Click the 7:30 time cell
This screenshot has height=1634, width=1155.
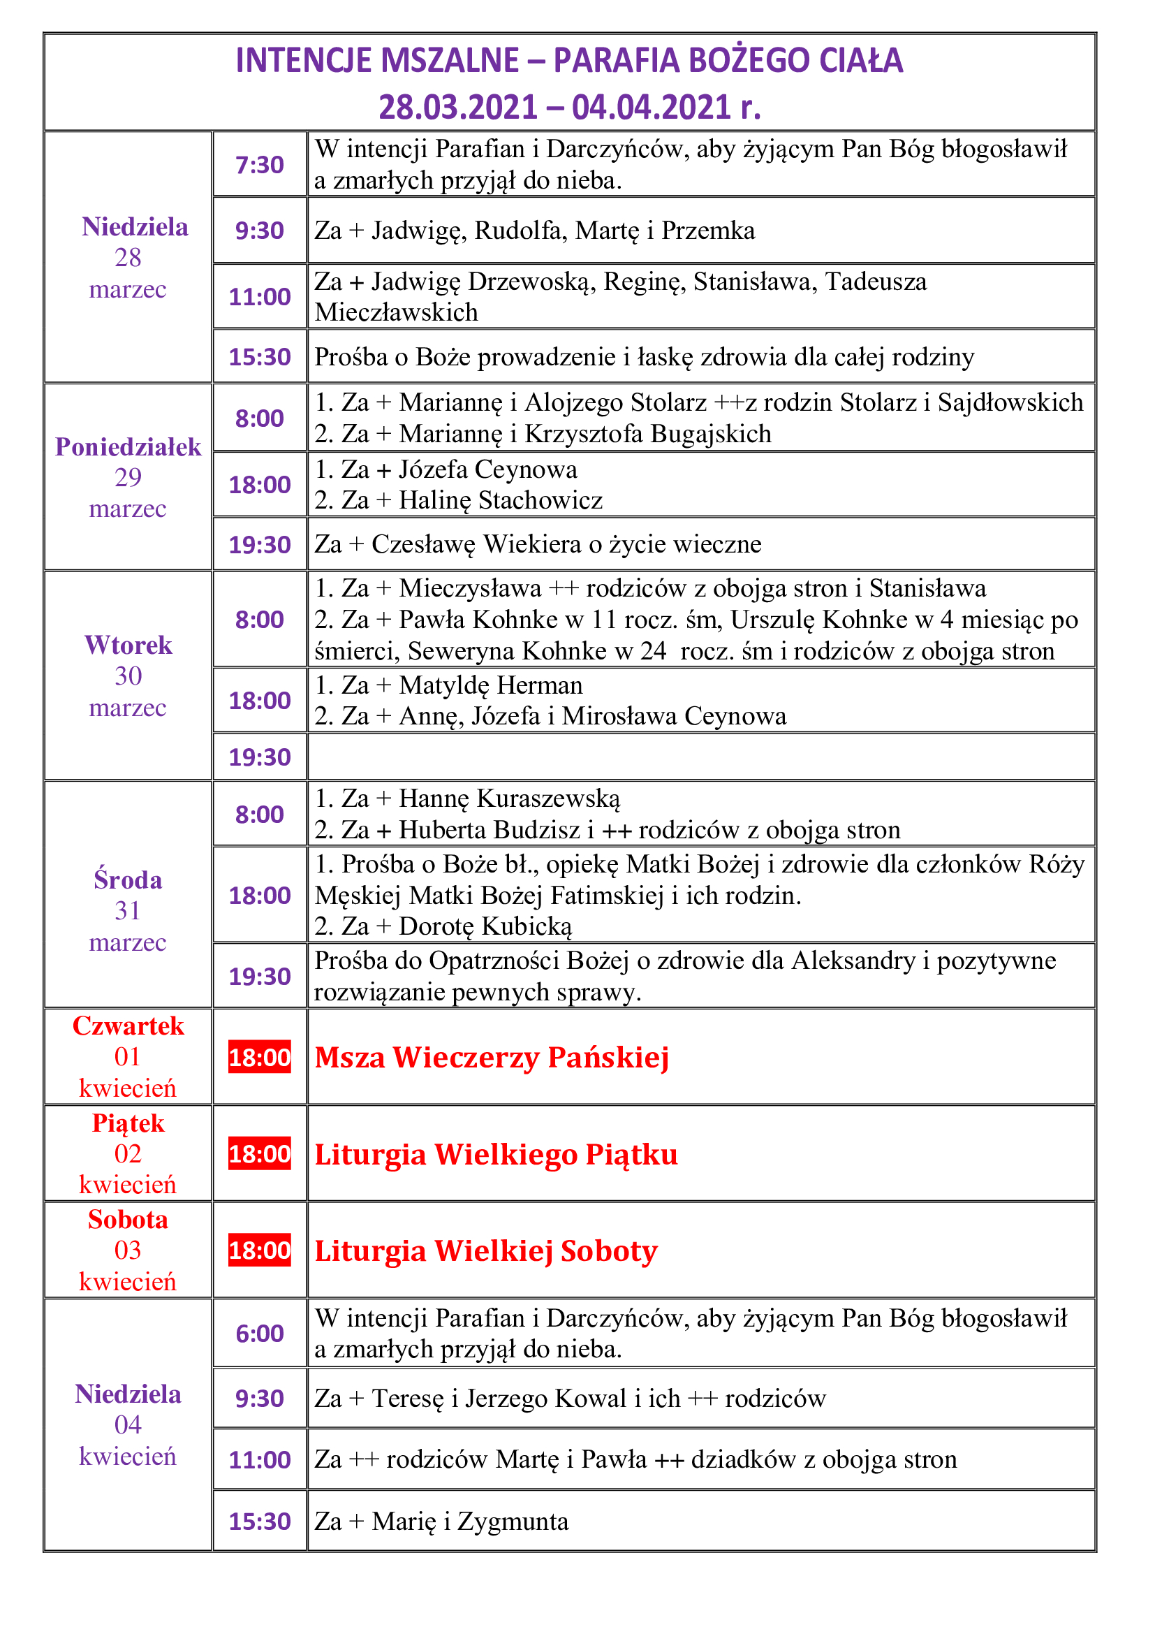[x=260, y=164]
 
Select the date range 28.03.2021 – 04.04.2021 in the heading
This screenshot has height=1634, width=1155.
[x=569, y=108]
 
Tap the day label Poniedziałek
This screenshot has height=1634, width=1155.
[x=128, y=447]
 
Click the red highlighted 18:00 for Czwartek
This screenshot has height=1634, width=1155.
[x=260, y=1057]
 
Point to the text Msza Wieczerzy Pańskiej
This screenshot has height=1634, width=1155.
[x=492, y=1058]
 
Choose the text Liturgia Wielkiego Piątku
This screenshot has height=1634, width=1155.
[x=496, y=1154]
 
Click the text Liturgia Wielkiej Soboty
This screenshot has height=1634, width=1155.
[x=486, y=1250]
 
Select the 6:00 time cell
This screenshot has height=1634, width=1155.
[x=260, y=1333]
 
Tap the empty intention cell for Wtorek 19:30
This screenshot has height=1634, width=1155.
[x=700, y=757]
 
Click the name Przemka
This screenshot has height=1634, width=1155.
[x=707, y=231]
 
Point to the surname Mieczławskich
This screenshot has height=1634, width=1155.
[x=396, y=312]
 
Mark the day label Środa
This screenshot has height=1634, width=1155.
[x=128, y=880]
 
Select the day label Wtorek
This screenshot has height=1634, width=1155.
[x=128, y=645]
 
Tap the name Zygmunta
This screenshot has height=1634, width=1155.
[x=513, y=1521]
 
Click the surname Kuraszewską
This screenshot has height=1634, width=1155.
[x=548, y=798]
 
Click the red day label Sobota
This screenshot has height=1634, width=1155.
[x=128, y=1220]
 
